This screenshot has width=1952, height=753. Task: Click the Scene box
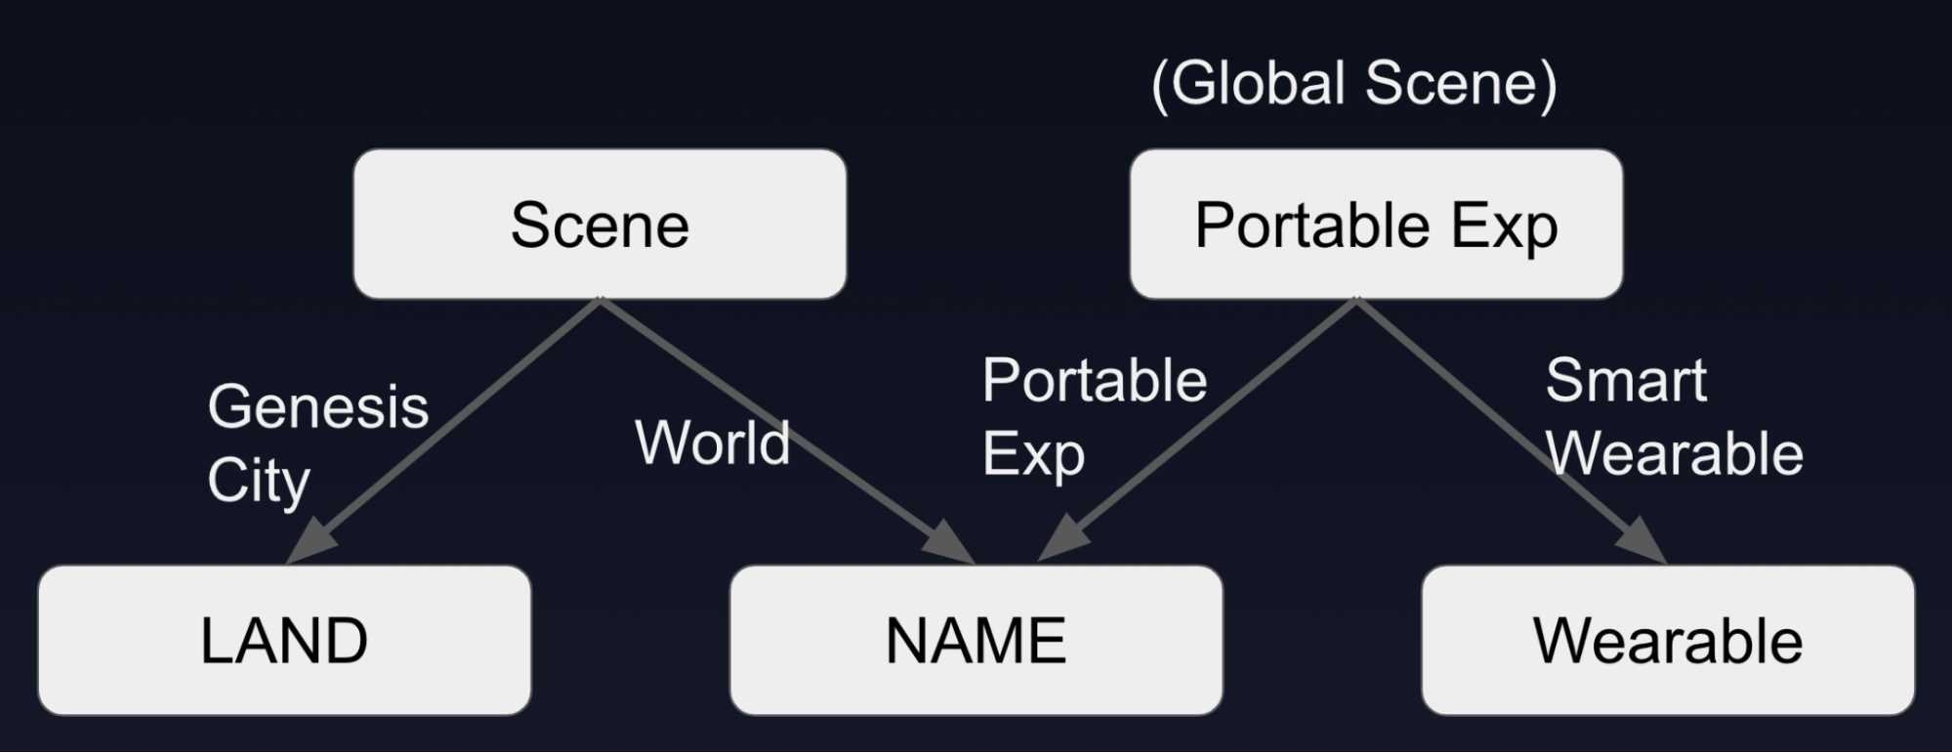pyautogui.click(x=600, y=225)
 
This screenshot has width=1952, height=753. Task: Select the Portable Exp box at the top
pyautogui.click(x=1376, y=225)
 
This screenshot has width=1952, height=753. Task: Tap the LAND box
pyautogui.click(x=284, y=641)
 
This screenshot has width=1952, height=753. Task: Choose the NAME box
pyautogui.click(x=976, y=641)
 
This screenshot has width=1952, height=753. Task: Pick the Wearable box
pyautogui.click(x=1668, y=641)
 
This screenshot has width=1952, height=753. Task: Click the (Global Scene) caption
pyautogui.click(x=1354, y=84)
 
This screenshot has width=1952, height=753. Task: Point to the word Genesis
pyautogui.click(x=318, y=406)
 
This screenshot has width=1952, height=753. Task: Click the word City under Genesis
pyautogui.click(x=259, y=481)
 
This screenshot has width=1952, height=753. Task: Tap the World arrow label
pyautogui.click(x=712, y=442)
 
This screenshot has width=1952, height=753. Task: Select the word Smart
pyautogui.click(x=1626, y=380)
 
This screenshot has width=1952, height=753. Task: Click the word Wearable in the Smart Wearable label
pyautogui.click(x=1674, y=453)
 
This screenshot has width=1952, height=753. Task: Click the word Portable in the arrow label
pyautogui.click(x=1095, y=380)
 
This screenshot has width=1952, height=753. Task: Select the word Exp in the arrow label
pyautogui.click(x=1033, y=455)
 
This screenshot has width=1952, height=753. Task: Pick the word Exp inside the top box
pyautogui.click(x=1504, y=227)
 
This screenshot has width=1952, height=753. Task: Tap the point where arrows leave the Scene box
pyautogui.click(x=600, y=299)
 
